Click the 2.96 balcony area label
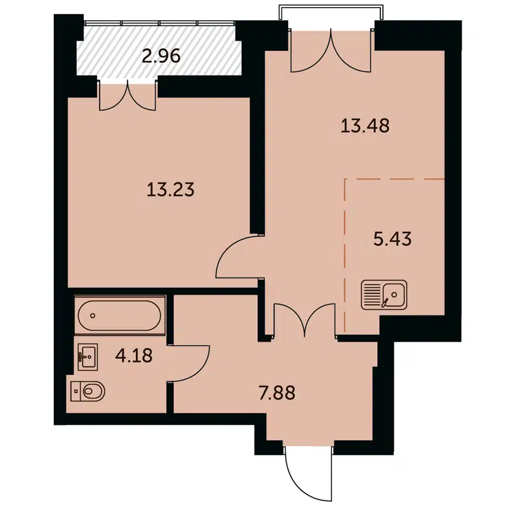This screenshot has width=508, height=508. click(161, 56)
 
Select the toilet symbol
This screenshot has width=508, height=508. click(87, 391)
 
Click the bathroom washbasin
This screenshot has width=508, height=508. click(88, 356)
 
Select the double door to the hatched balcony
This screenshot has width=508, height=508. click(128, 95)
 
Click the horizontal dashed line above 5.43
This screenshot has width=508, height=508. click(394, 180)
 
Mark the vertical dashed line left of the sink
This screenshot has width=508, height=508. click(345, 254)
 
